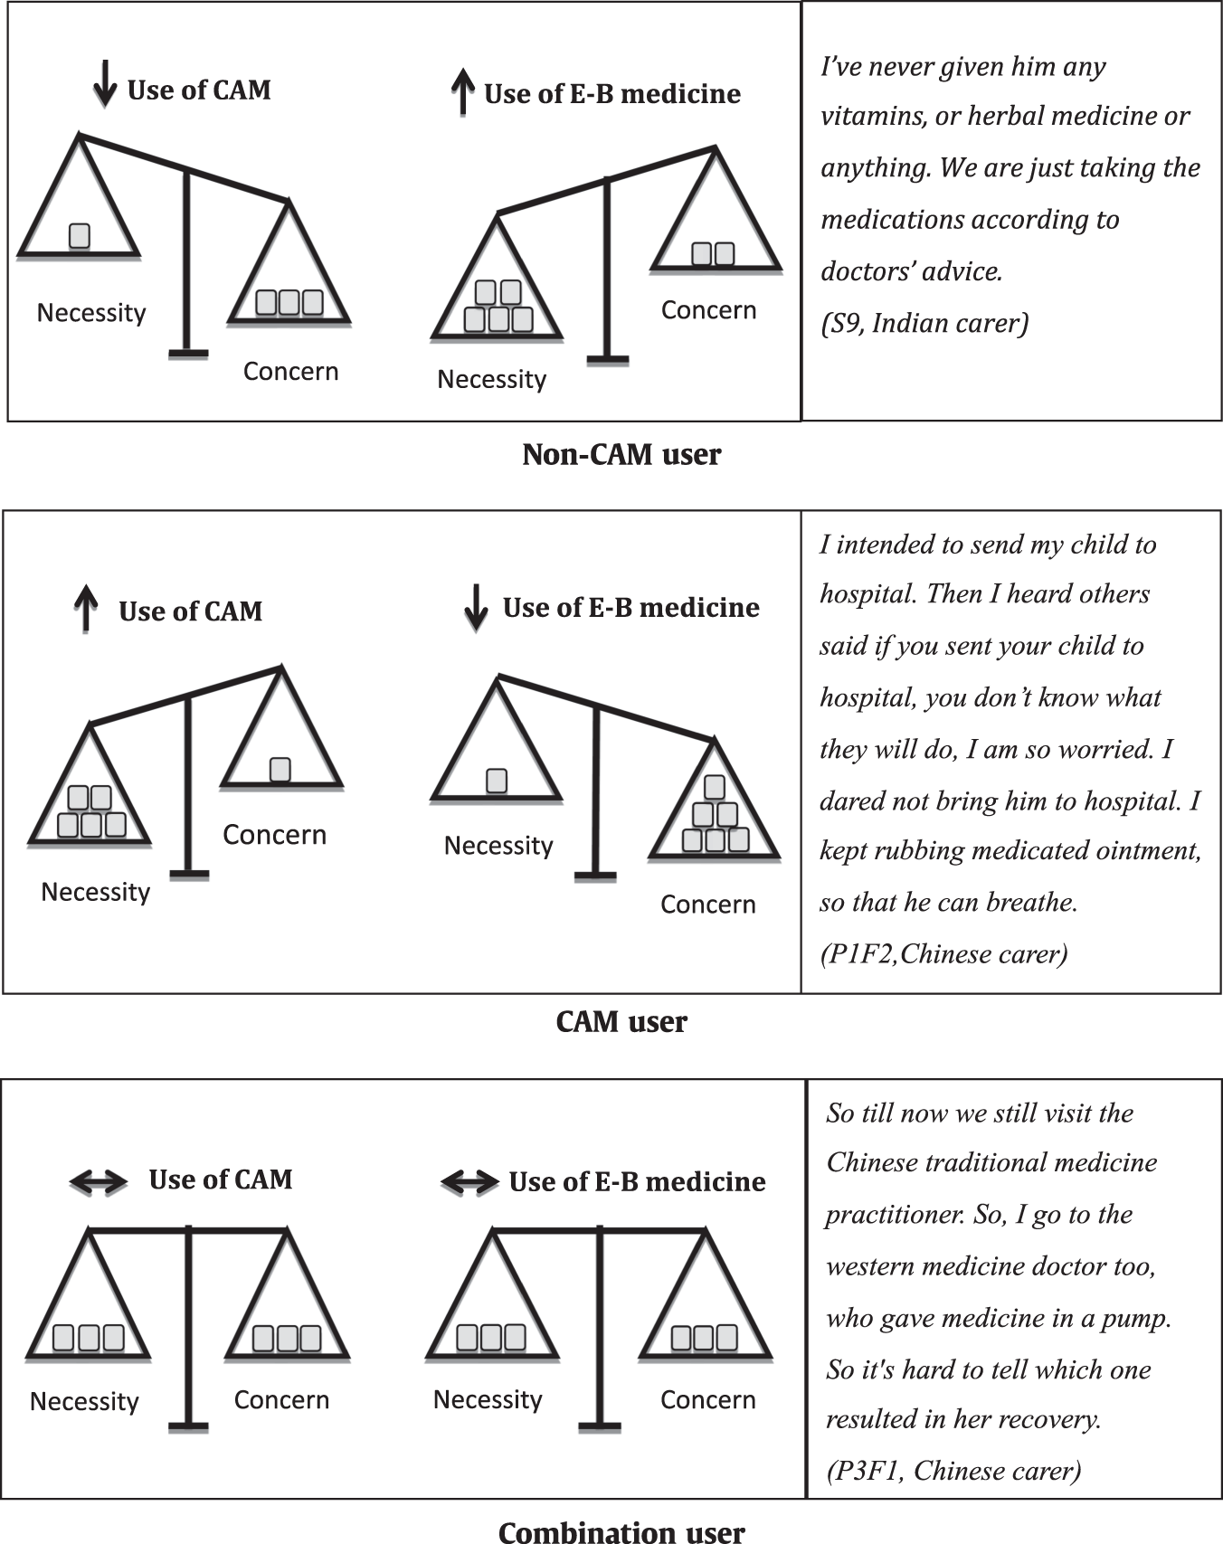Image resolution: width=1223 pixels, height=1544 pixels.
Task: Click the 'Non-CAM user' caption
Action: pos(621,454)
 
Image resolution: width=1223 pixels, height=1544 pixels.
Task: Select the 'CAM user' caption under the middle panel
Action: pos(621,1022)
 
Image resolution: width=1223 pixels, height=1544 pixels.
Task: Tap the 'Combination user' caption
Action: pos(621,1530)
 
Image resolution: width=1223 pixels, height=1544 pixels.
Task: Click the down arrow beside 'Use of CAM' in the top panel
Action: pos(105,84)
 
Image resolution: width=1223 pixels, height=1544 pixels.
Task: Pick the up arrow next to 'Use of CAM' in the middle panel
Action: pos(86,607)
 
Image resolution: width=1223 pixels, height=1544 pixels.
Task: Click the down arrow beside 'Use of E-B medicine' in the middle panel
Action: pos(476,607)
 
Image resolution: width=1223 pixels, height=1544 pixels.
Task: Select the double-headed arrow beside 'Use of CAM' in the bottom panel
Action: pos(99,1180)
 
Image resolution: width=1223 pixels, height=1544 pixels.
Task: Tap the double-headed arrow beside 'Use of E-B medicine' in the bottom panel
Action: pos(469,1181)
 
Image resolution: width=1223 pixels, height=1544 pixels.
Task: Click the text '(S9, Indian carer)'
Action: pos(924,323)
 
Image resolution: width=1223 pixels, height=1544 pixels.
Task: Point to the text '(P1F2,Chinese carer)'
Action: pos(943,953)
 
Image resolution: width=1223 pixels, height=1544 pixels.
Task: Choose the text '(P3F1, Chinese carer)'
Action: pos(953,1470)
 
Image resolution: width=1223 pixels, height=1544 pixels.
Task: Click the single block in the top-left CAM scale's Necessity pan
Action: pos(80,235)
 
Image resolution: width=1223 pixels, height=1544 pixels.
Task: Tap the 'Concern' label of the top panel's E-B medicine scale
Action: pos(708,310)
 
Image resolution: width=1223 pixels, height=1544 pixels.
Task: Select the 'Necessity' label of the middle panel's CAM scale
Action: pos(95,892)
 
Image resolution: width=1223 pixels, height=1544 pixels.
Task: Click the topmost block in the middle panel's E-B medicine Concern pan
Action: pos(715,787)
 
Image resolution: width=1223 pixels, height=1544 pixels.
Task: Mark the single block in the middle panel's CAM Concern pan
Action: pos(280,769)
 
